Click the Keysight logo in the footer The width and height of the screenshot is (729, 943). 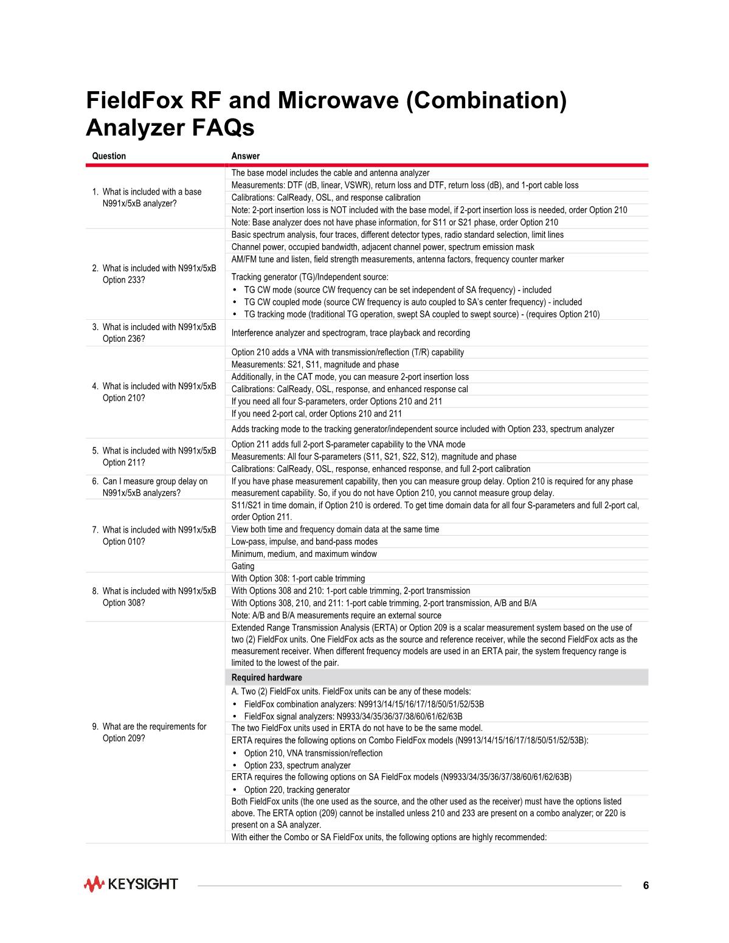[131, 884]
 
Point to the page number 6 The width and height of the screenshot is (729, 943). [646, 885]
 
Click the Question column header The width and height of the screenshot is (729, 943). [109, 156]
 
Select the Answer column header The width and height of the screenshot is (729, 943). [246, 156]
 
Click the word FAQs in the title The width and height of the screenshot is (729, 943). [223, 128]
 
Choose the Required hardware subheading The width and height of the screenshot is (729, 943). [266, 677]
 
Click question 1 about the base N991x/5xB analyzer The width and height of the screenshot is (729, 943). [152, 198]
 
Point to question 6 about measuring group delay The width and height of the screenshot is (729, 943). [155, 487]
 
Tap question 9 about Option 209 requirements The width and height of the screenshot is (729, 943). [154, 733]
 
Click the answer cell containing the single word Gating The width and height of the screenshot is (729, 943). [243, 566]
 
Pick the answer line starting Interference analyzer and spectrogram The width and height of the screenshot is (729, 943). [350, 333]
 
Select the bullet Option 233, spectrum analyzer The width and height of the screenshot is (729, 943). [297, 765]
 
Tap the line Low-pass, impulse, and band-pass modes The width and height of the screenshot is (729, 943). [305, 542]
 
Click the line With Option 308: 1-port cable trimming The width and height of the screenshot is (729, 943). [298, 578]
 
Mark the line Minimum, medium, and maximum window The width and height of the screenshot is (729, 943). [304, 554]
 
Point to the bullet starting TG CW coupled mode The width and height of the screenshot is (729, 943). [412, 302]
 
